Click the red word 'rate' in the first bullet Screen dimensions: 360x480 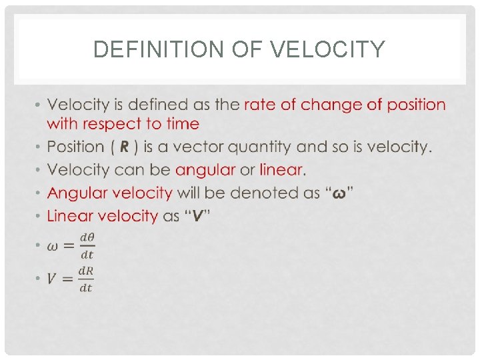[x=261, y=105]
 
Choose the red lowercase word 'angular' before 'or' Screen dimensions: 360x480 [x=205, y=170]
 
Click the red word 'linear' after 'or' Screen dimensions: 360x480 [x=281, y=170]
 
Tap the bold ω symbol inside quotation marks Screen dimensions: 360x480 [x=339, y=193]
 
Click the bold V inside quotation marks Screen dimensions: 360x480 [x=197, y=216]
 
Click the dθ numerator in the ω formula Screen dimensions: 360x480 [x=87, y=237]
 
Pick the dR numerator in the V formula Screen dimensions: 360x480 [x=85, y=271]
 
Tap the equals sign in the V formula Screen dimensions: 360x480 [x=67, y=279]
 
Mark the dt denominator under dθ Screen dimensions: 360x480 [x=87, y=254]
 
